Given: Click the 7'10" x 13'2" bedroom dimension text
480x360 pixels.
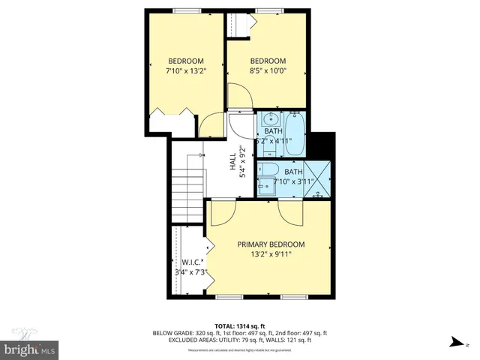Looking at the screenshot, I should point(185,71).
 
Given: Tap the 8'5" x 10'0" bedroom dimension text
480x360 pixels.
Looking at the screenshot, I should point(268,71).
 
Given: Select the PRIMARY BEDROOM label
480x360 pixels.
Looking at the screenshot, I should point(271,244).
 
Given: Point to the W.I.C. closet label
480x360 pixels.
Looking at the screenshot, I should point(189,262).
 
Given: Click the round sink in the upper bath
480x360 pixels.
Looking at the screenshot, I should point(271,119).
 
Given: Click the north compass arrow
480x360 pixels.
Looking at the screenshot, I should point(455,343).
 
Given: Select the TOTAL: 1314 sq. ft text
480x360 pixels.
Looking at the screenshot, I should point(240,326).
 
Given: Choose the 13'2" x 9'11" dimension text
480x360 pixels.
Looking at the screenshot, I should point(271,254).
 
